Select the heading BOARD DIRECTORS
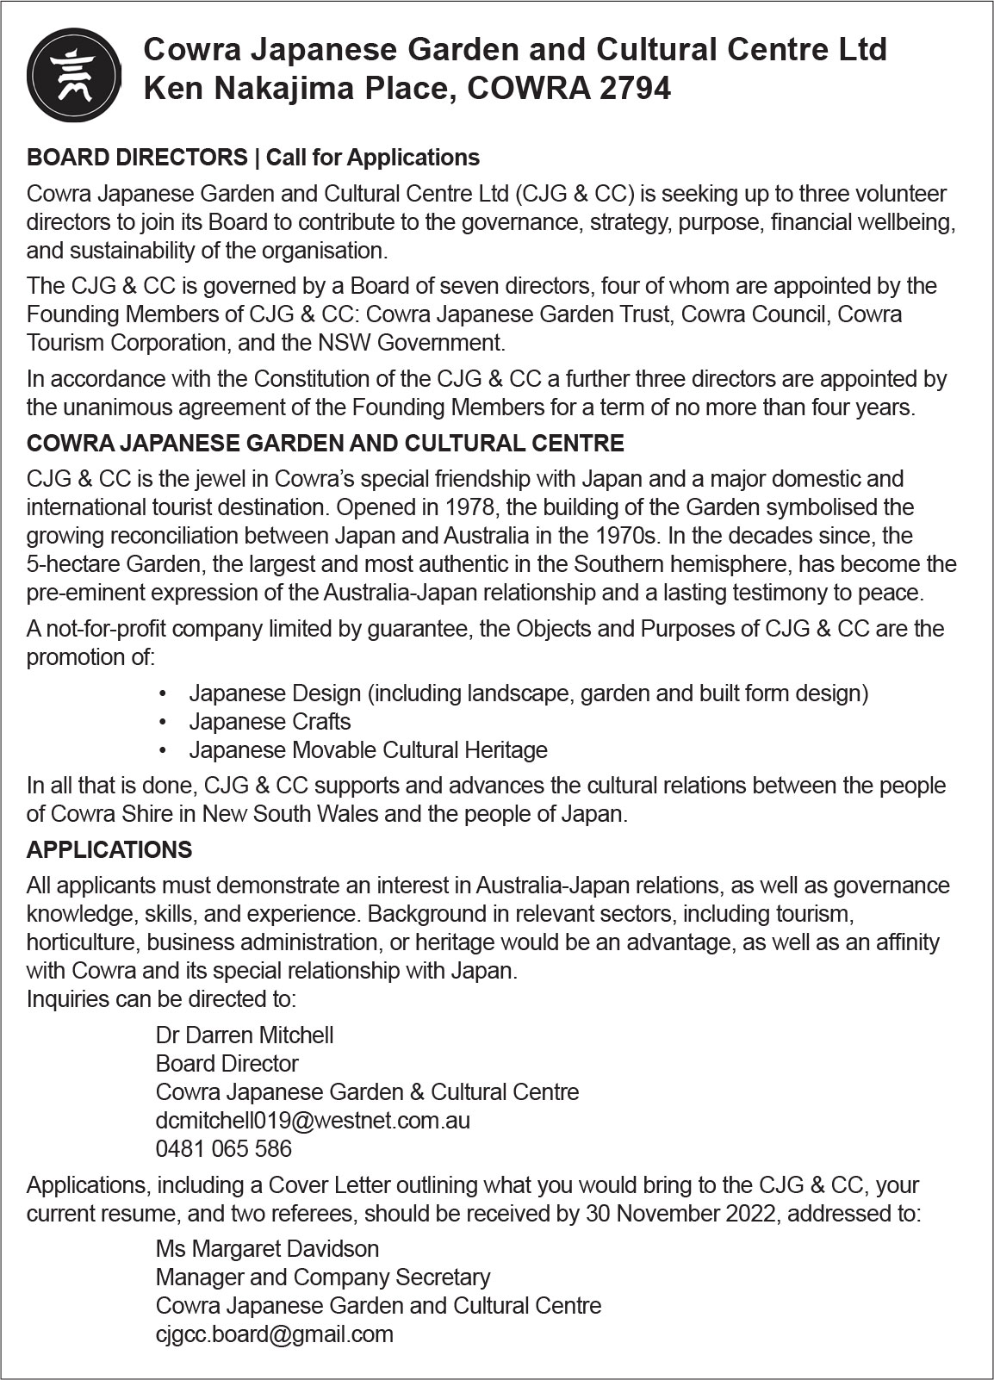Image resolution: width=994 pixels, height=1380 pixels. (x=137, y=158)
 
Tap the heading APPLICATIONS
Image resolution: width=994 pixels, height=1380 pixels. (x=109, y=850)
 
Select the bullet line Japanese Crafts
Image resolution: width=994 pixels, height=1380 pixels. (x=270, y=722)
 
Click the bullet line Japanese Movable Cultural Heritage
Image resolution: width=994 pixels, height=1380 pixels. (x=368, y=750)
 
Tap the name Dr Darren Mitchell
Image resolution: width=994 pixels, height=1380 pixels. (x=244, y=1035)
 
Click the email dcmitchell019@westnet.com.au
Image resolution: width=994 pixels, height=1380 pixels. (x=313, y=1120)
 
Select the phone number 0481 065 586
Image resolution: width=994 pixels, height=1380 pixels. (x=223, y=1148)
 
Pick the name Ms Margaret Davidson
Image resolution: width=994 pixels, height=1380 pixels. (x=267, y=1248)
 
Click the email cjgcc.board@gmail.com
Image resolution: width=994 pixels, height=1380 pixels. (x=274, y=1333)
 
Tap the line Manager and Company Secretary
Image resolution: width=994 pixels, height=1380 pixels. (x=323, y=1277)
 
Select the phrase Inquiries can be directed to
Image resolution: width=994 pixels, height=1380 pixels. (x=161, y=999)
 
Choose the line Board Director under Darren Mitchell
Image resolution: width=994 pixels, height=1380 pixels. (x=227, y=1063)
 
